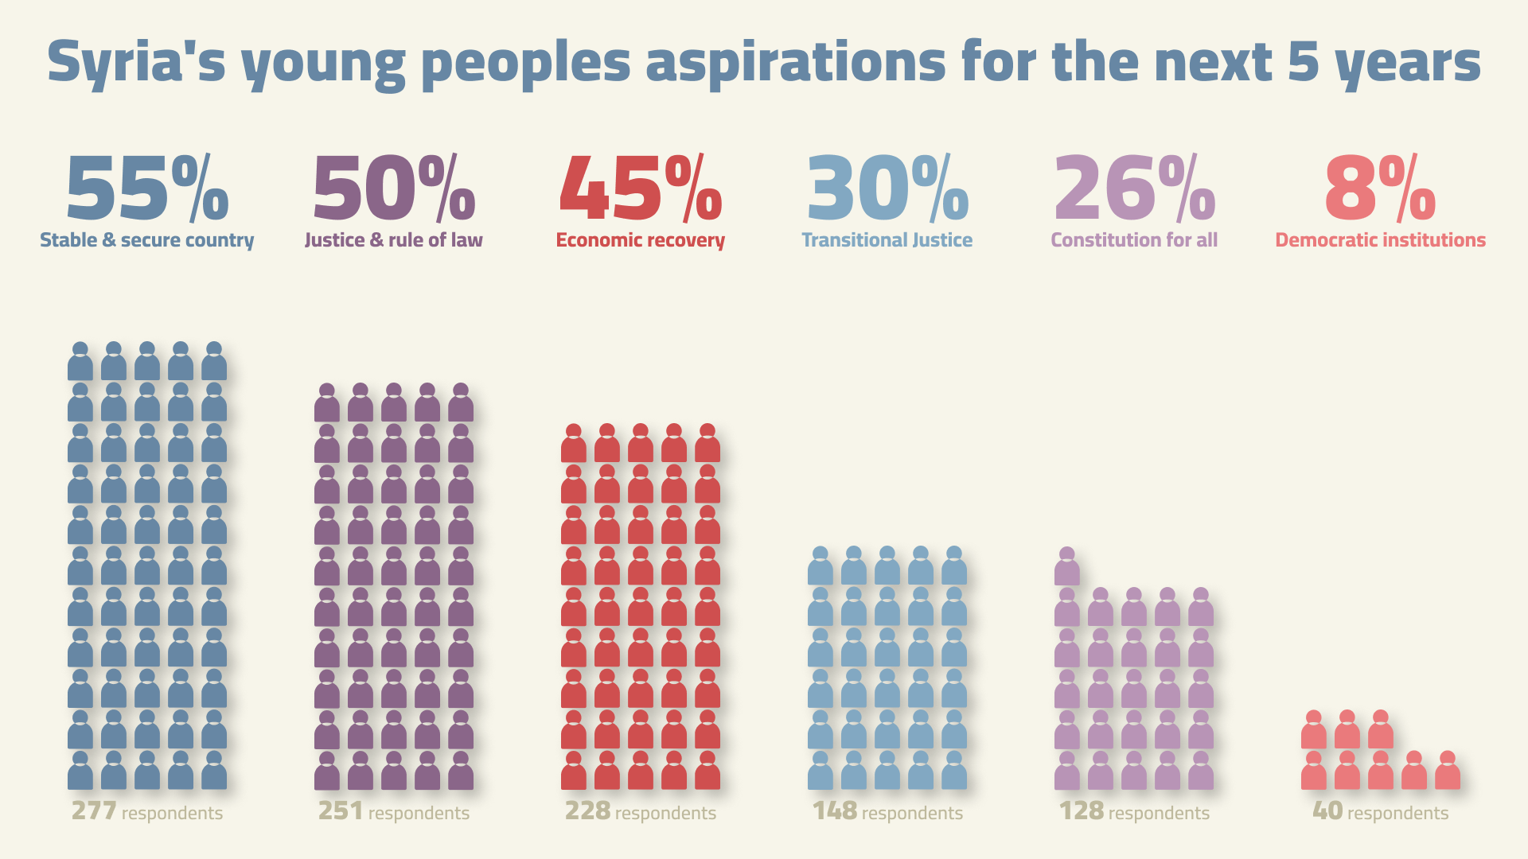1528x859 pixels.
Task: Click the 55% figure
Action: point(147,189)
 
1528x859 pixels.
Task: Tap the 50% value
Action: point(394,189)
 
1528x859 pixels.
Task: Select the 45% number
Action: point(641,189)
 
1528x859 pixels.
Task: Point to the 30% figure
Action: point(887,189)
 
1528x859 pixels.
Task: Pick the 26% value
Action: point(1134,189)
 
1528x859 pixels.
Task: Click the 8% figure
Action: point(1380,189)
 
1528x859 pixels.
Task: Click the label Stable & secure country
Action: point(147,240)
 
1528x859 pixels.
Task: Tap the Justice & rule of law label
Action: point(394,240)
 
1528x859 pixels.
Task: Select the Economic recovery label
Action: point(641,240)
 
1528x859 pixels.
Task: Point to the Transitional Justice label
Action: point(887,240)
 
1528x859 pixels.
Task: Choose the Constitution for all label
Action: point(1134,240)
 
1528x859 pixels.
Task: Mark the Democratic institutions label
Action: point(1380,240)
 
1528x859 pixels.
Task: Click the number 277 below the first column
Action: point(94,811)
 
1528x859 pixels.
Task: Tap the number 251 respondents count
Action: point(341,811)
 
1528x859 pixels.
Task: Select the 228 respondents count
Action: point(587,811)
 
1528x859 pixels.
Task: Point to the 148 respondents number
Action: point(834,811)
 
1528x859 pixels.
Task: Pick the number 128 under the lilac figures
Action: point(1081,811)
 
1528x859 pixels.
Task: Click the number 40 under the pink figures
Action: point(1327,811)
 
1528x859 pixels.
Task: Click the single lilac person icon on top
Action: point(1067,567)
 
